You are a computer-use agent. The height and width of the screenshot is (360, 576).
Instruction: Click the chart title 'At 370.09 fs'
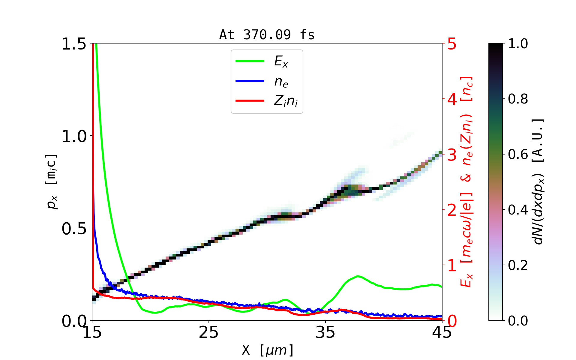coord(267,35)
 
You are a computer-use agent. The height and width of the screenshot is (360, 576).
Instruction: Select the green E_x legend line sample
coord(250,61)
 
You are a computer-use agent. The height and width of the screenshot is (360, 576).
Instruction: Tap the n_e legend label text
coord(281,82)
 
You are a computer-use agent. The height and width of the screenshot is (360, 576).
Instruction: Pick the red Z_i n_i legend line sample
coord(250,101)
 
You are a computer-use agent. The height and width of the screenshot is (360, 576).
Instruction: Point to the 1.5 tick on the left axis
coord(74,44)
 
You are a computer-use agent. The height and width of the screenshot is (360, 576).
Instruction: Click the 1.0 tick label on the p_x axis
coord(74,136)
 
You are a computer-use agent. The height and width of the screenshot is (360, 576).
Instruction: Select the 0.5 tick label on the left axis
coord(74,229)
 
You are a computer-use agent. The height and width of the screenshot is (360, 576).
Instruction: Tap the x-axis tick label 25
coord(209,332)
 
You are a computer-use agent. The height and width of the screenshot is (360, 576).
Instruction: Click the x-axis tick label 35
coord(325,332)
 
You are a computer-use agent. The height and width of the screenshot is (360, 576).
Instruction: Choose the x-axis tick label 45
coord(442,332)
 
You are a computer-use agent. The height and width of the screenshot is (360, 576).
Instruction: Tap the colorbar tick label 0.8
coord(518,99)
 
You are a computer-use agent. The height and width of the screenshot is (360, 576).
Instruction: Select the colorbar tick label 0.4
coord(518,210)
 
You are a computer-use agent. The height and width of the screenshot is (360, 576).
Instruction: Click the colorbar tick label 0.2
coord(518,265)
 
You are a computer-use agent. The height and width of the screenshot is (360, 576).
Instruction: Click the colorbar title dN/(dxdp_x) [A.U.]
coord(538,182)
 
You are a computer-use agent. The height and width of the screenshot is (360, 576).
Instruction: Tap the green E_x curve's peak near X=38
coord(358,276)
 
